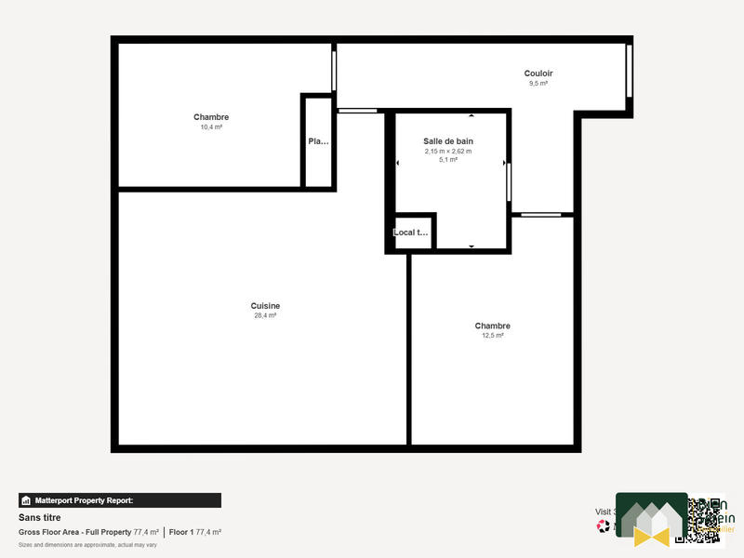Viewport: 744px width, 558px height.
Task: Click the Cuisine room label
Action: pyautogui.click(x=265, y=306)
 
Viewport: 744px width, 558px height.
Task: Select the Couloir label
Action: pyautogui.click(x=538, y=73)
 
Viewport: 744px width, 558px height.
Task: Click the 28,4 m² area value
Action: pyautogui.click(x=265, y=316)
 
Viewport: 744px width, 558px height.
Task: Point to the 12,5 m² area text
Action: pyautogui.click(x=492, y=336)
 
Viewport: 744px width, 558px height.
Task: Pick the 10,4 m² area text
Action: pyautogui.click(x=211, y=127)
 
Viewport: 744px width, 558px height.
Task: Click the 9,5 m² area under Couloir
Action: pyautogui.click(x=538, y=84)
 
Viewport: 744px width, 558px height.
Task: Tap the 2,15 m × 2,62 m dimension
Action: pyautogui.click(x=448, y=151)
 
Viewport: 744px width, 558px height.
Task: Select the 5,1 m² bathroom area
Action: pyautogui.click(x=448, y=160)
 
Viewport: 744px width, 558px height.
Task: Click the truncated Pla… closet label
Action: pyautogui.click(x=318, y=142)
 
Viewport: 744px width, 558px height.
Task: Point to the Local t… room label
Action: pyautogui.click(x=411, y=232)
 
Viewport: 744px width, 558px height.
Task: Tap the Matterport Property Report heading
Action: pyautogui.click(x=90, y=500)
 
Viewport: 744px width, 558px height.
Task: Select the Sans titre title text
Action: pyautogui.click(x=39, y=517)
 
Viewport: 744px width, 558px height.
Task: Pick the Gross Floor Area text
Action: pyautogui.click(x=74, y=532)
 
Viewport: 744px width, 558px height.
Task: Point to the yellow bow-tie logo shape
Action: pyautogui.click(x=651, y=536)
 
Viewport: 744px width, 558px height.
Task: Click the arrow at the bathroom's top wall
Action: pyautogui.click(x=472, y=116)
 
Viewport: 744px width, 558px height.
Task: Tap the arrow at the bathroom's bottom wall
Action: pyautogui.click(x=472, y=246)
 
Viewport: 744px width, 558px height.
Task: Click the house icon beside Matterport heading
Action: pyautogui.click(x=26, y=500)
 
